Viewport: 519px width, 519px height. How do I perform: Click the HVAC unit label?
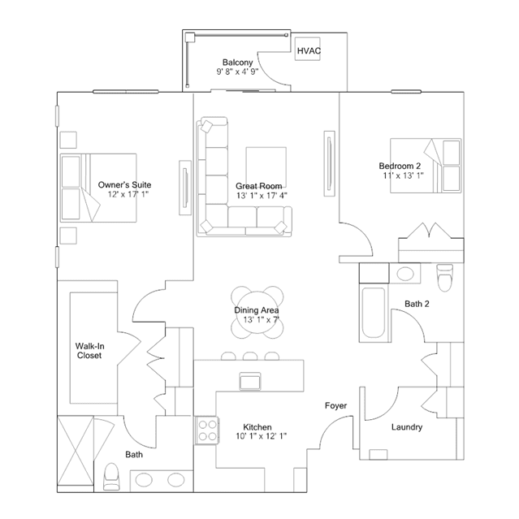(309, 50)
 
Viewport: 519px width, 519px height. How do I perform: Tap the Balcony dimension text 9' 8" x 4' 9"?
(237, 71)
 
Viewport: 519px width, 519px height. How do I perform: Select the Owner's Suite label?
(124, 184)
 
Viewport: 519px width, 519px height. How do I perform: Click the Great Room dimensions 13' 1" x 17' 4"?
(262, 196)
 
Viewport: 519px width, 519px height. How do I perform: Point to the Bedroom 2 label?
(400, 166)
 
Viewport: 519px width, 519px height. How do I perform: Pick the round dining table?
(257, 312)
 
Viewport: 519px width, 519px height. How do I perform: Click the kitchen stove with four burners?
(208, 430)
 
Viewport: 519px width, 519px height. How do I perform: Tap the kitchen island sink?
(250, 381)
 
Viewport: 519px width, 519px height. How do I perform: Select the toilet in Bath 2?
(444, 278)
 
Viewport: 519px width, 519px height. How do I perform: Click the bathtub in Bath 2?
(374, 313)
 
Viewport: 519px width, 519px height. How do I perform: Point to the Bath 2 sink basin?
(405, 274)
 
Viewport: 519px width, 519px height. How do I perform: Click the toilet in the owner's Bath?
(111, 476)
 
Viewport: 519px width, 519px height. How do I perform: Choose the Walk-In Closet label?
(89, 351)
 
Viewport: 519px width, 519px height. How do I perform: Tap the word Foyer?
(335, 405)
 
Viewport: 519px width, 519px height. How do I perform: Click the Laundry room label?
(407, 427)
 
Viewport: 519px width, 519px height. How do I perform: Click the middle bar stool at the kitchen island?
(250, 356)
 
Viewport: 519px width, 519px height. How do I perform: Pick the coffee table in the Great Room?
(266, 167)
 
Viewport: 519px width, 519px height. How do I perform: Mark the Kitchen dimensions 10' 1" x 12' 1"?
(262, 436)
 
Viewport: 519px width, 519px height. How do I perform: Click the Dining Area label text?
(257, 310)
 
